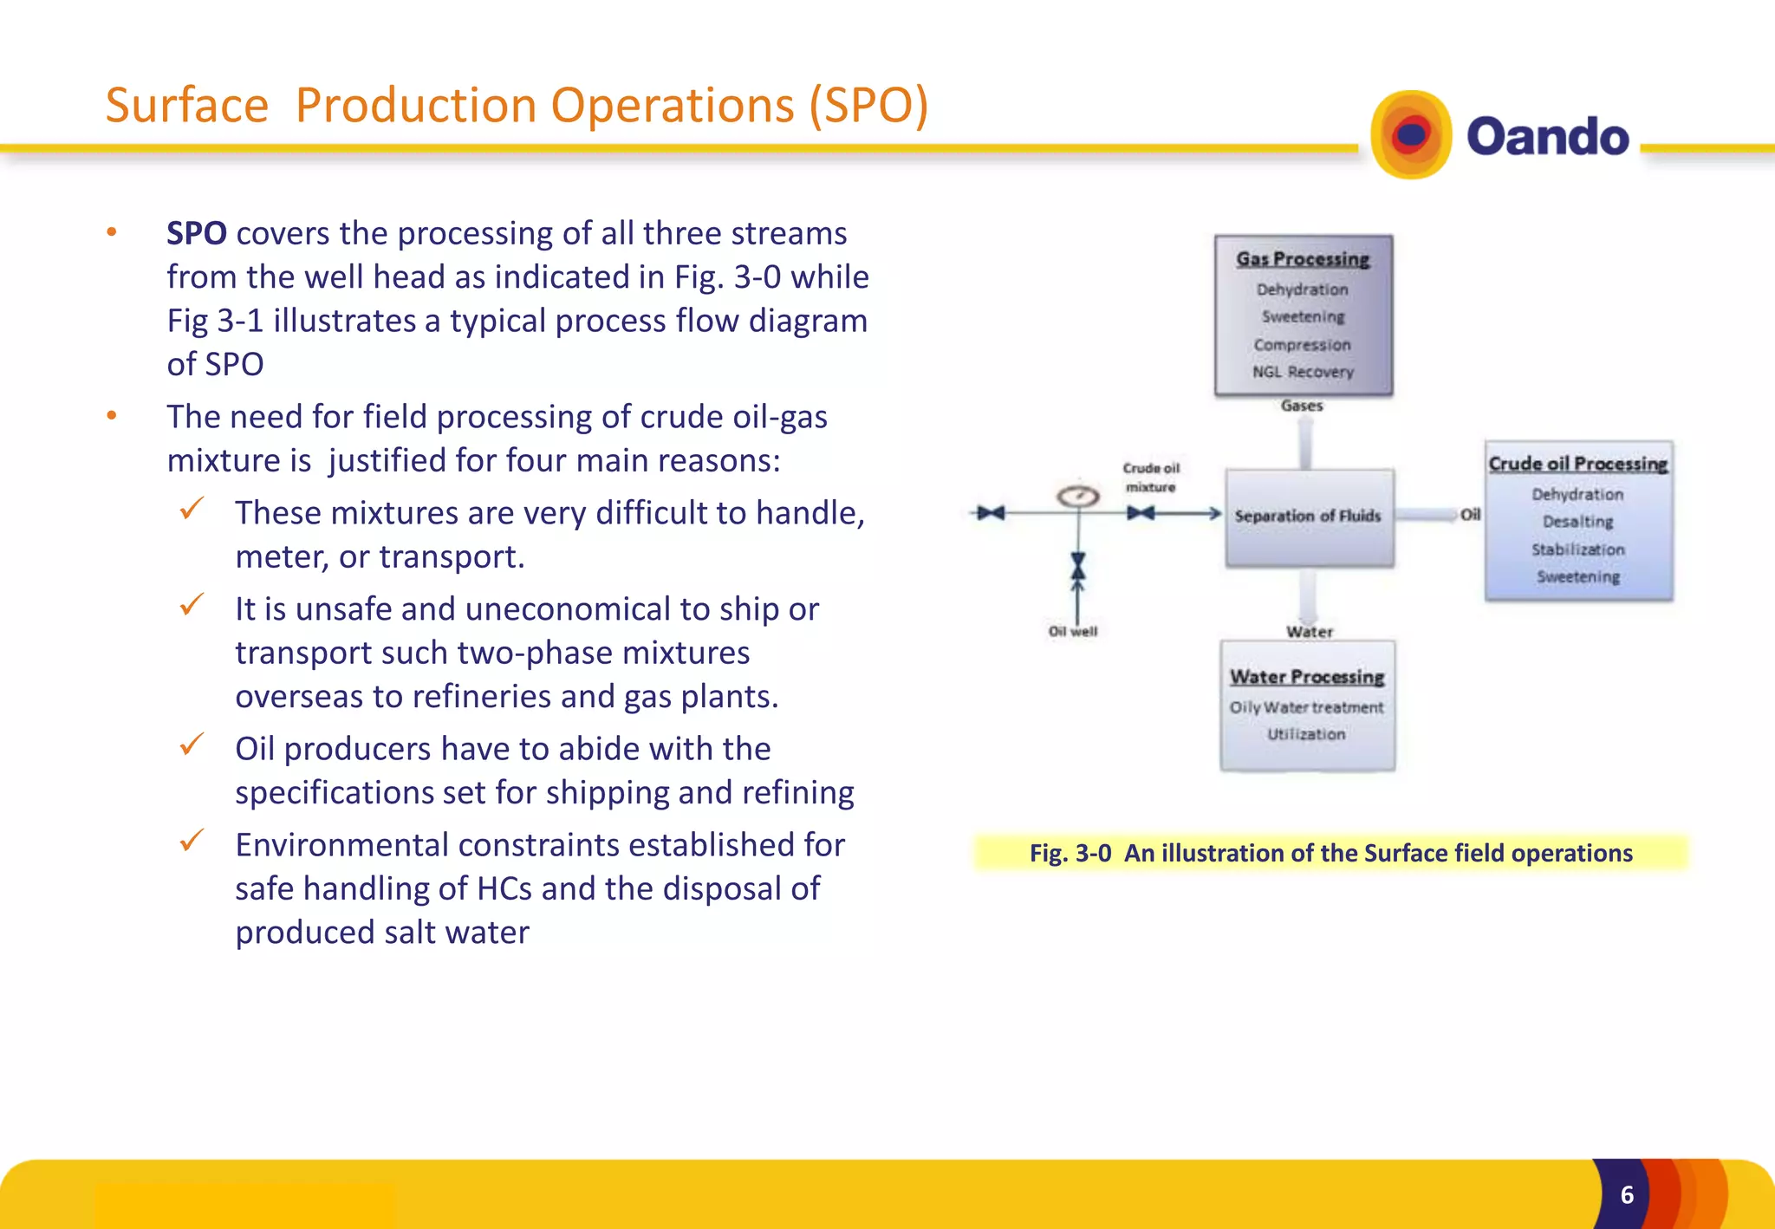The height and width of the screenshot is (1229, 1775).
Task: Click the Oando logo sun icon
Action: (1411, 135)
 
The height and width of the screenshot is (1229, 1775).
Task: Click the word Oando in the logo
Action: (1547, 137)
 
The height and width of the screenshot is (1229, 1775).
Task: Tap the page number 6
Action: (1627, 1194)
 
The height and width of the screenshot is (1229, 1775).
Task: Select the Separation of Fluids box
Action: (1309, 517)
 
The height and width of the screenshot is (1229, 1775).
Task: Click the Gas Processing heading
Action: (1303, 259)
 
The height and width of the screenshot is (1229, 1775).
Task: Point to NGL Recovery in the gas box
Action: (1303, 372)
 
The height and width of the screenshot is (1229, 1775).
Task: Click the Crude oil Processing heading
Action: (1577, 464)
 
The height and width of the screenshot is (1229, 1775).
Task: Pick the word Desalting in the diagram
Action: (1577, 522)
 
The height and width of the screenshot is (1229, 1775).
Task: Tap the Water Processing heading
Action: (1307, 677)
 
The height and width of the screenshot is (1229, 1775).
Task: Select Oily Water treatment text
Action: (1306, 707)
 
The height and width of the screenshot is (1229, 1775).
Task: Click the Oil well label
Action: (1073, 632)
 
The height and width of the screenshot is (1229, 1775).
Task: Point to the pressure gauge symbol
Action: (1078, 497)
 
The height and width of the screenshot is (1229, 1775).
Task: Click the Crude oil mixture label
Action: (1151, 478)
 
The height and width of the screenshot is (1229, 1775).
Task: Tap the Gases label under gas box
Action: (1302, 406)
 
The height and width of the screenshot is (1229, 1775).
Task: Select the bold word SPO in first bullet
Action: (197, 233)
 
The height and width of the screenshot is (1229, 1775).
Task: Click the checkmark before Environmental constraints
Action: (192, 840)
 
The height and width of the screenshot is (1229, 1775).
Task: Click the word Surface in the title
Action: (187, 106)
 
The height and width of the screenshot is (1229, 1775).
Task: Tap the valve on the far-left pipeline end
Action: (990, 513)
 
